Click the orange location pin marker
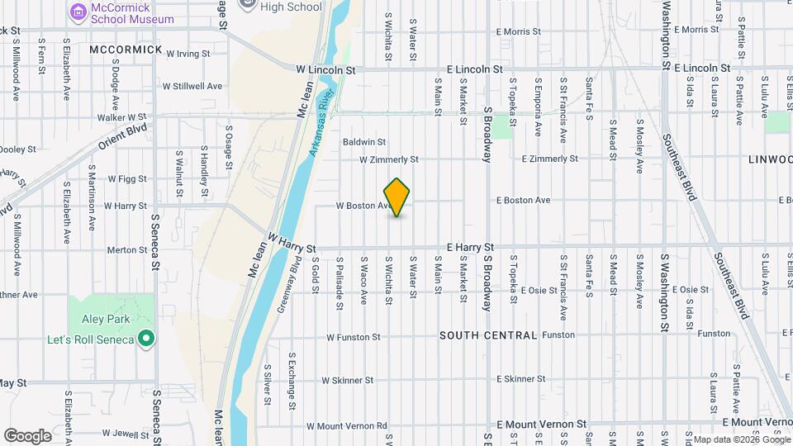(397, 197)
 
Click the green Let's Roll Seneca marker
(146, 338)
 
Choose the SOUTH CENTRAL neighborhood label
(488, 335)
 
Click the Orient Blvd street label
(122, 137)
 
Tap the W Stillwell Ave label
(192, 86)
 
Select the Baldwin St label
(364, 142)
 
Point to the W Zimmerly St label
(388, 159)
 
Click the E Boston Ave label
(523, 201)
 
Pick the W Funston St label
(353, 337)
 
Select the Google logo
(27, 435)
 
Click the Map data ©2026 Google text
(740, 439)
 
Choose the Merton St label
(126, 249)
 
